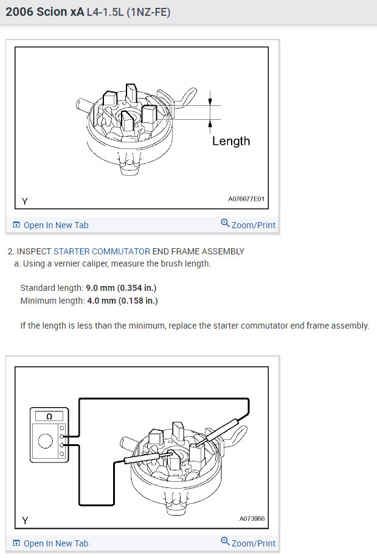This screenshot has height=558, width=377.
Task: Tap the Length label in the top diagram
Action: click(231, 141)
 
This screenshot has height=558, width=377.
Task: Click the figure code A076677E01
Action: click(246, 199)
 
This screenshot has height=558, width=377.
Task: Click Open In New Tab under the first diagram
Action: click(55, 225)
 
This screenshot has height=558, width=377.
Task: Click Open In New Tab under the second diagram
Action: click(55, 543)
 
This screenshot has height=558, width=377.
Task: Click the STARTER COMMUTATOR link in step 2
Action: click(102, 251)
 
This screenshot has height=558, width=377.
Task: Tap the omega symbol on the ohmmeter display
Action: click(47, 417)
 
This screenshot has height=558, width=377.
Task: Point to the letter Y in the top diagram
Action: click(24, 200)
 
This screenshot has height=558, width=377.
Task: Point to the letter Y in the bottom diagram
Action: click(24, 520)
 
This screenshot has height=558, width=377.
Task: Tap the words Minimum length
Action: click(51, 300)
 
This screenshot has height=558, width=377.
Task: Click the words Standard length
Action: click(52, 288)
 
